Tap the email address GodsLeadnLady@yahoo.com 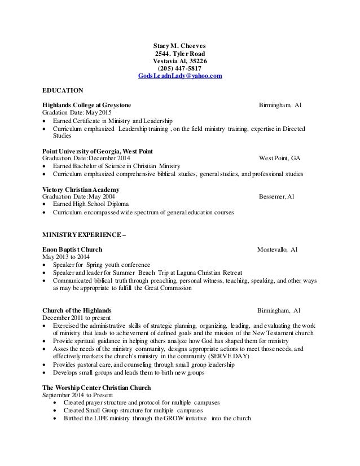180,76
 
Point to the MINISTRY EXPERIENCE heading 85,234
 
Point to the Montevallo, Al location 278,249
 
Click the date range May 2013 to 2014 66,257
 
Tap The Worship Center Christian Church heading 98,388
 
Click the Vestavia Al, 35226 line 180,61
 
